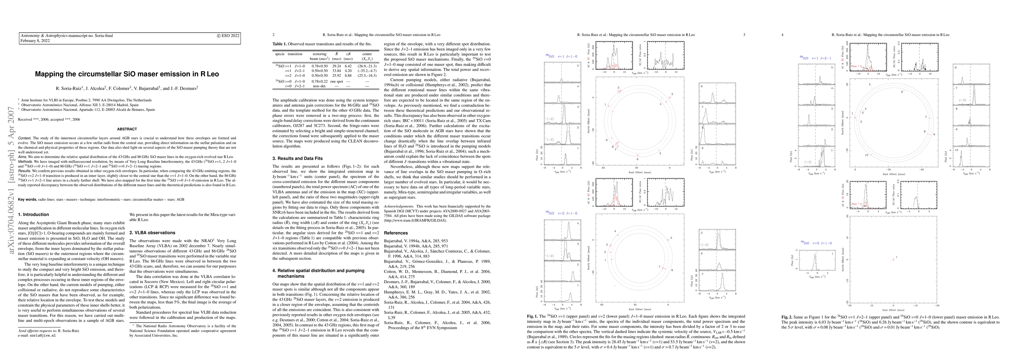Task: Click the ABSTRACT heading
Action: point(127,129)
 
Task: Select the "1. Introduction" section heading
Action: point(34,214)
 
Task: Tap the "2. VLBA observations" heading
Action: point(152,233)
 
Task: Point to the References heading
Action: point(396,233)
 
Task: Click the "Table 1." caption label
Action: point(280,43)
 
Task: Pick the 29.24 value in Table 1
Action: point(337,66)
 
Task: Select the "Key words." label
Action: point(27,199)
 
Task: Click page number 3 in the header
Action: point(744,35)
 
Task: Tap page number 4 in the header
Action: point(783,35)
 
